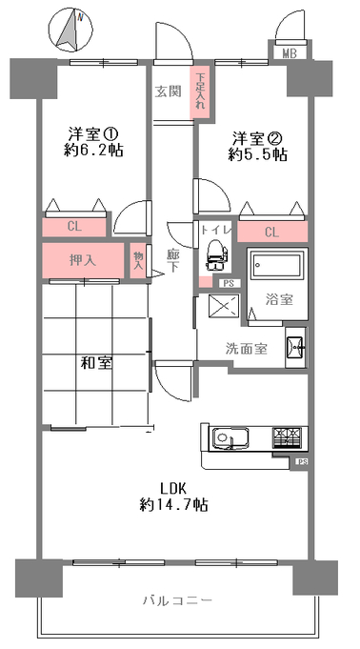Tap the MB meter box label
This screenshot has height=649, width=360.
(x=290, y=53)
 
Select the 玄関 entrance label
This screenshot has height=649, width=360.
(x=168, y=91)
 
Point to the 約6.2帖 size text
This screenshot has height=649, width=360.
(x=93, y=151)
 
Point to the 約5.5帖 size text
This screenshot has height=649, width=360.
(x=257, y=154)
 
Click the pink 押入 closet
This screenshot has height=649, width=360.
(x=83, y=260)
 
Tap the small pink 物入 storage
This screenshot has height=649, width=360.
(x=138, y=260)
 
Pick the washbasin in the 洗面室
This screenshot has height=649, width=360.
(x=296, y=347)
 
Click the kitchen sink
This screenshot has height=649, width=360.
(x=230, y=438)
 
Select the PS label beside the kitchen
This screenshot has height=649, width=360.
(x=301, y=461)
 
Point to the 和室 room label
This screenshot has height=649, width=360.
(x=95, y=363)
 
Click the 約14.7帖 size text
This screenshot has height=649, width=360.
(x=173, y=504)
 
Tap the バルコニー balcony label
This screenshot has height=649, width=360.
(x=177, y=599)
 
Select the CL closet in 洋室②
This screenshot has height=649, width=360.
(x=272, y=233)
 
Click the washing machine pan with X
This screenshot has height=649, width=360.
(x=224, y=307)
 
